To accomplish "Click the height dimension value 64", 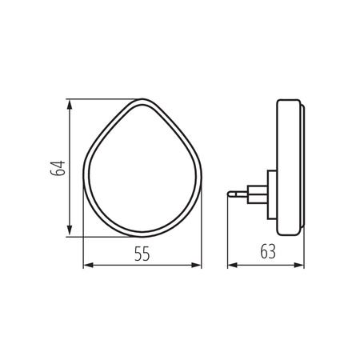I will [56, 168].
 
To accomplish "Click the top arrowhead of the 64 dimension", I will [71, 104].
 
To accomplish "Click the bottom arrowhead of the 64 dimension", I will [71, 233].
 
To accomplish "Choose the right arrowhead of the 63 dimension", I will [302, 266].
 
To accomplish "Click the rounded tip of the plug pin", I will [231, 193].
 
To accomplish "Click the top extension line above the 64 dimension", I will [104, 100].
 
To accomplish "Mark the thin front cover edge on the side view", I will [302, 168].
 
